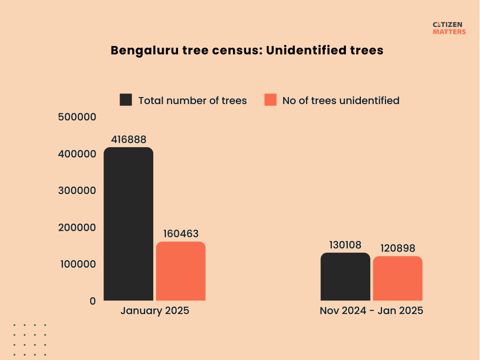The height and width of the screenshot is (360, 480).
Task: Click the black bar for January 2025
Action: point(128,224)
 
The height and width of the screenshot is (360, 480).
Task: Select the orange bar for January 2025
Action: point(180,271)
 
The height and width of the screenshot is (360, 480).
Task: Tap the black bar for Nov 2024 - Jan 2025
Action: point(345,277)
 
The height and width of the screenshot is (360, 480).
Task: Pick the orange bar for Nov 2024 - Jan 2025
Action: point(397,278)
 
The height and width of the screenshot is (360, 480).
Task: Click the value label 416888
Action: point(128,140)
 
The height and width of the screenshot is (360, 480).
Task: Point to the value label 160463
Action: point(181,233)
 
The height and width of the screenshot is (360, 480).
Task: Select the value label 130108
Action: point(345,245)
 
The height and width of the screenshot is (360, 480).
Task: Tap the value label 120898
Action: point(398,248)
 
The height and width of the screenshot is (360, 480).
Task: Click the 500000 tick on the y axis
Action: point(77,117)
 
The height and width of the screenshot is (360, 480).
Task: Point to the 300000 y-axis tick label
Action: point(77,191)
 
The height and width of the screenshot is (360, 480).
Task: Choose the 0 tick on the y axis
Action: point(92,301)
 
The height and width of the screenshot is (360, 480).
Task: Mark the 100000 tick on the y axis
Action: point(77,264)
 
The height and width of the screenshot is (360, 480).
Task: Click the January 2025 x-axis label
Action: point(155,311)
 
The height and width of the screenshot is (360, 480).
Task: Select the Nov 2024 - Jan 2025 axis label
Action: point(371,311)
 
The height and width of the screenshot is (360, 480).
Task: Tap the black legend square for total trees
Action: point(126,100)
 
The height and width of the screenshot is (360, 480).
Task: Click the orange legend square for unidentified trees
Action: point(270,100)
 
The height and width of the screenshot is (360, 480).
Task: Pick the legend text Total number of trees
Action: point(192,100)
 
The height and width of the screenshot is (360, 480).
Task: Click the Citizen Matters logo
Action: point(449,28)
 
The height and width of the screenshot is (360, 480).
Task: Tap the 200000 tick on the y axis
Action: point(77,227)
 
